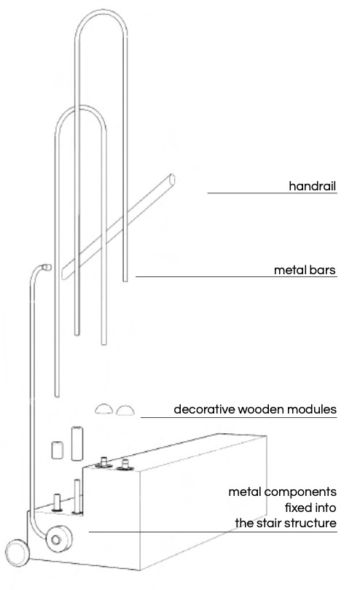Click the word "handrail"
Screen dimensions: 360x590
[x=312, y=186]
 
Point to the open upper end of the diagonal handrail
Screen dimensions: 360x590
[x=172, y=179]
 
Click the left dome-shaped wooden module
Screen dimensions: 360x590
[x=103, y=409]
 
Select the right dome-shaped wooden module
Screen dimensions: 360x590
[x=125, y=411]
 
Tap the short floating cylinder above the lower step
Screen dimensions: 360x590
[x=58, y=449]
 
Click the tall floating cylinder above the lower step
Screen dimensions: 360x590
[x=77, y=443]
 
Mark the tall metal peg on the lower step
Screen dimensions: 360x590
[x=77, y=497]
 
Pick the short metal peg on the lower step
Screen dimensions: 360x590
[x=57, y=502]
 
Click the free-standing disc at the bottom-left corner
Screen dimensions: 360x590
[x=17, y=553]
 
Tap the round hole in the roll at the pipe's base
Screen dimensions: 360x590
[x=55, y=540]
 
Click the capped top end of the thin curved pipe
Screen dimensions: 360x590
[x=47, y=267]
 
